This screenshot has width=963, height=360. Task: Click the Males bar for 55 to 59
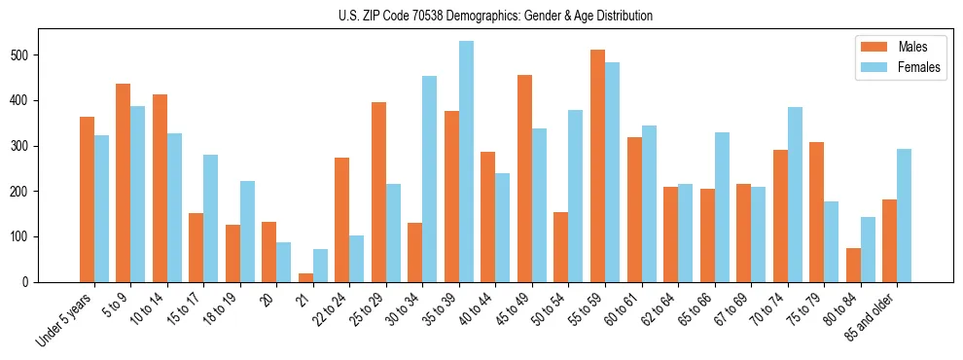[597, 165]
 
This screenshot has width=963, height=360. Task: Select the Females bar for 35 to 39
[466, 162]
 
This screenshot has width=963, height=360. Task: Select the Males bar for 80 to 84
[853, 265]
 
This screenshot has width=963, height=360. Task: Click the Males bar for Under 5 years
[87, 199]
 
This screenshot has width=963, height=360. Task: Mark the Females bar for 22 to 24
[357, 259]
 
